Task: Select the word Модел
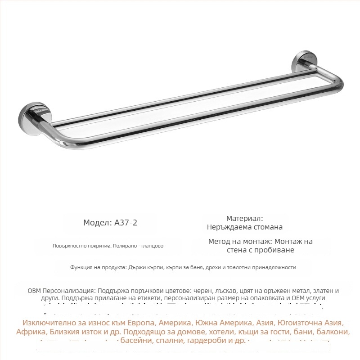click(94, 223)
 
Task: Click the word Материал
click(244, 218)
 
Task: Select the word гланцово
click(153, 246)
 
